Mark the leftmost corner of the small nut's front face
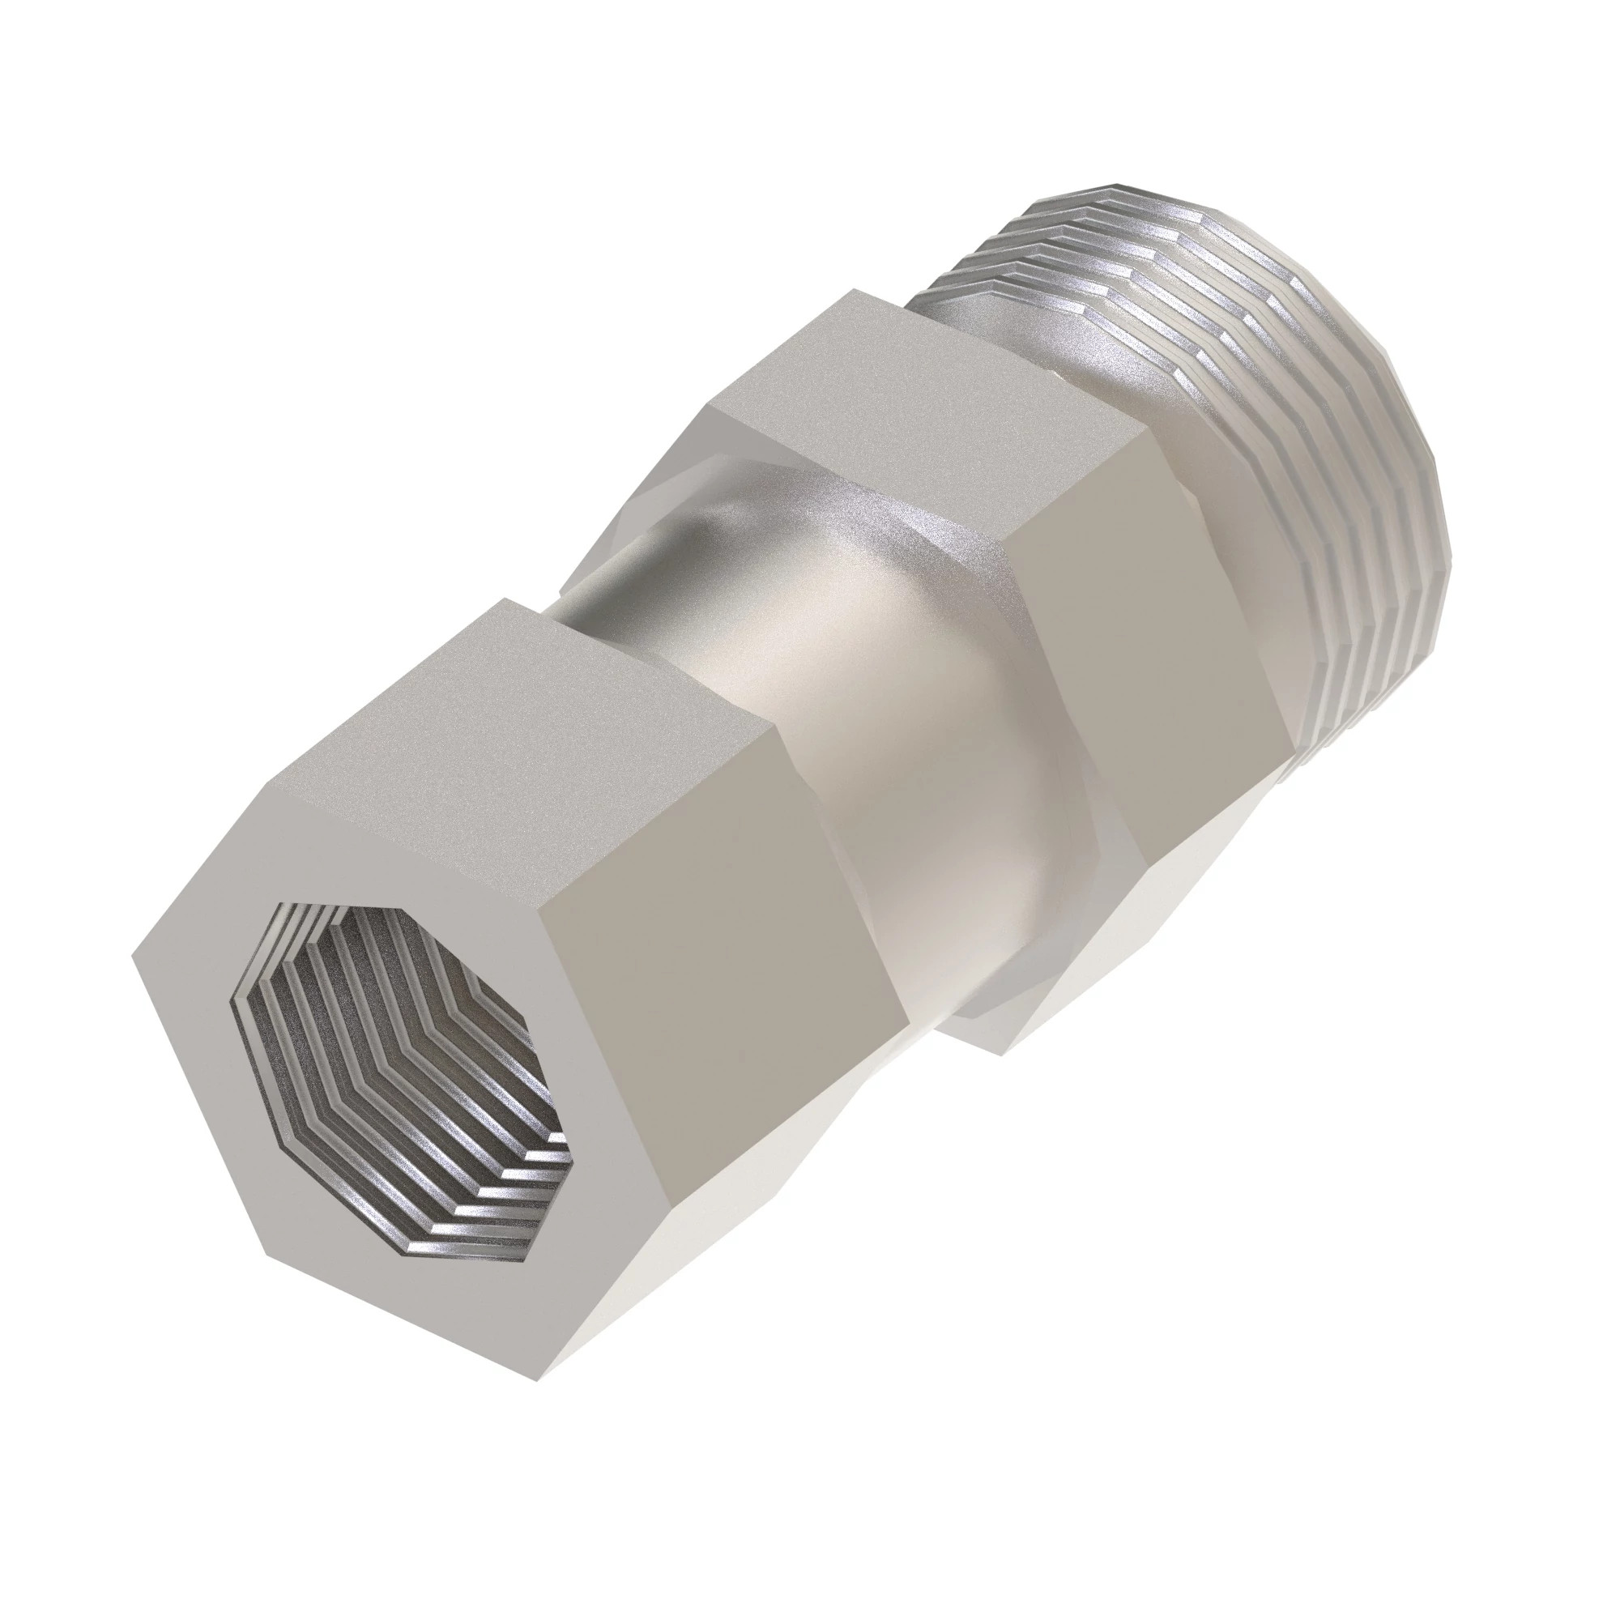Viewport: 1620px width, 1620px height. coord(134,956)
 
